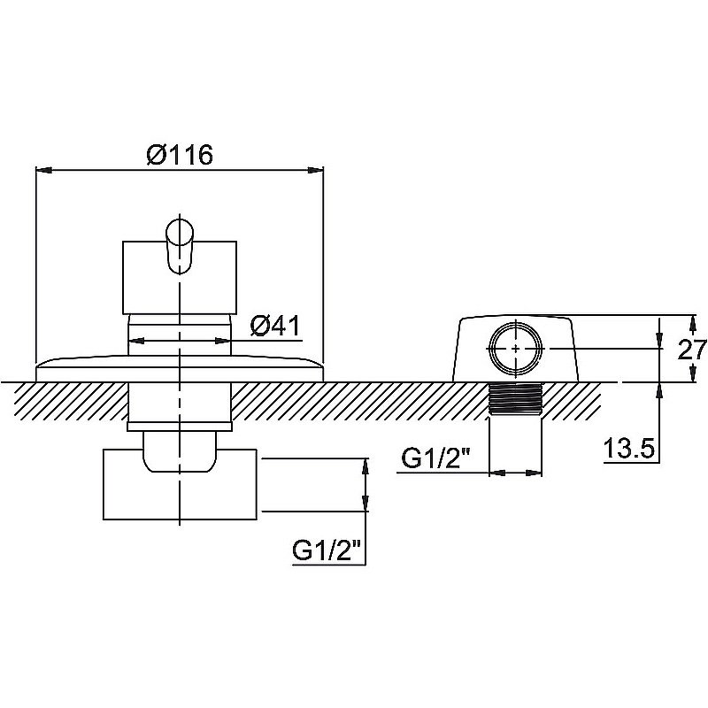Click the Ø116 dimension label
click(x=180, y=155)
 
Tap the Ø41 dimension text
click(x=275, y=326)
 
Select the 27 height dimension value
click(x=692, y=349)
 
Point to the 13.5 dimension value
click(x=629, y=449)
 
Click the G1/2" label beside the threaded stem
click(x=435, y=458)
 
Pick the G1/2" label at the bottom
click(x=327, y=550)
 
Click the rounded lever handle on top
click(x=180, y=246)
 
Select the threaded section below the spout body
click(x=516, y=398)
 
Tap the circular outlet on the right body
click(x=516, y=349)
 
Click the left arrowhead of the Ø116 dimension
click(x=43, y=170)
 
